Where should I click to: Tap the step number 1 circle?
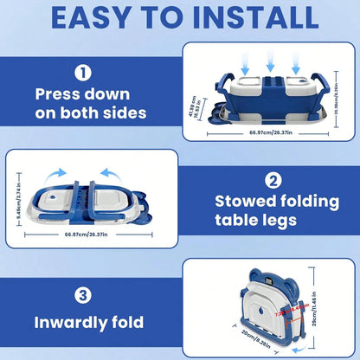pyautogui.click(x=82, y=73)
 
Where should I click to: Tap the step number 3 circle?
pyautogui.click(x=82, y=294)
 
